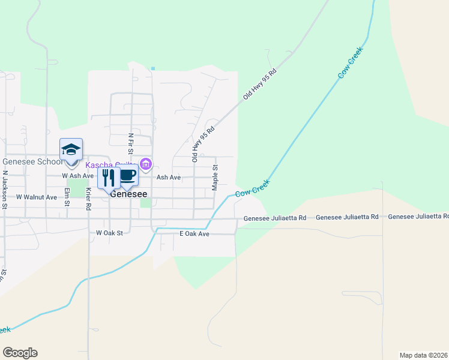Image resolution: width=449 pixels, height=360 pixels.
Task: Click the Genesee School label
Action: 31,162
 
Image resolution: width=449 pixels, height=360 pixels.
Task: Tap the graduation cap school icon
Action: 71,150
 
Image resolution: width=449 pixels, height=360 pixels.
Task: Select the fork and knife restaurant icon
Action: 109,178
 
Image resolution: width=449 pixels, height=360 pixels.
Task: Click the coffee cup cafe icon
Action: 127,176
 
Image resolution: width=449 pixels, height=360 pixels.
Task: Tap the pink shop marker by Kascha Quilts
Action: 145,164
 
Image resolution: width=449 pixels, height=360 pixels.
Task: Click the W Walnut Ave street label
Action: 36,197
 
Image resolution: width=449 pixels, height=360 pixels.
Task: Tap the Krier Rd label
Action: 88,198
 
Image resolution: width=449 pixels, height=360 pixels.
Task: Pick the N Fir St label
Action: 130,147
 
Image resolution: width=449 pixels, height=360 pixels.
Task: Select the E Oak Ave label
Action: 194,233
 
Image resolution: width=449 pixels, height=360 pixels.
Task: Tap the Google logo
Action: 20,353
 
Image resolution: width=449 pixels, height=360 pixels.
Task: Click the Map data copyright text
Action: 424,355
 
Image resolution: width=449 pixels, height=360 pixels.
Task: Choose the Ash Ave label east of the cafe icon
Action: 169,178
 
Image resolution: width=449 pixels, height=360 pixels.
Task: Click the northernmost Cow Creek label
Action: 351,66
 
